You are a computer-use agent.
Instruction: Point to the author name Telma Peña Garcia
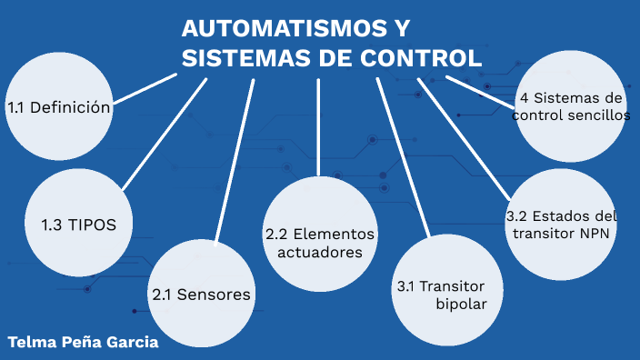[x=83, y=343]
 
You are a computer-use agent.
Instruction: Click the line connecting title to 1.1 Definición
[x=145, y=89]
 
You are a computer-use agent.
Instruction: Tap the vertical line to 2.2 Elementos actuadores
[x=318, y=127]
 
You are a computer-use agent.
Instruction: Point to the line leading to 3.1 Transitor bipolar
[x=402, y=155]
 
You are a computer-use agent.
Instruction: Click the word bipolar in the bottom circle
[x=462, y=304]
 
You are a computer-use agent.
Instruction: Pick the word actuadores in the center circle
[x=320, y=252]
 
